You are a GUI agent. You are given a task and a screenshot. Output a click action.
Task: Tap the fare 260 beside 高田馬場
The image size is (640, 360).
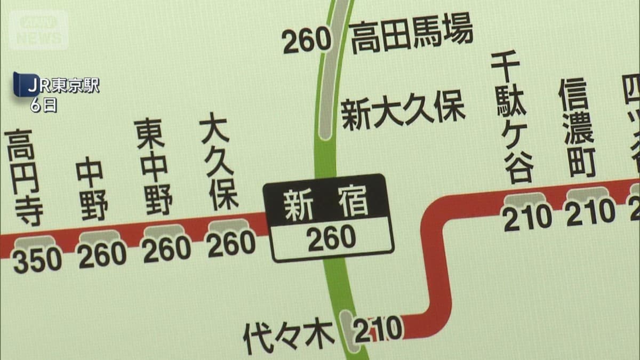point(307,42)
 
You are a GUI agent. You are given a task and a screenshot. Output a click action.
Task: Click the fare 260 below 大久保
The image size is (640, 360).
point(231,245)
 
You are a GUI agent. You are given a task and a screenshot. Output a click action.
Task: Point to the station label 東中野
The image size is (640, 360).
point(156,166)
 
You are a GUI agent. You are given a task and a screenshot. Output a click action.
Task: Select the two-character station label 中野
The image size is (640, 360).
point(92,189)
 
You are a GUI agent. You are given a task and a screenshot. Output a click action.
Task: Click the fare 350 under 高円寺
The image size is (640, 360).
point(37,261)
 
